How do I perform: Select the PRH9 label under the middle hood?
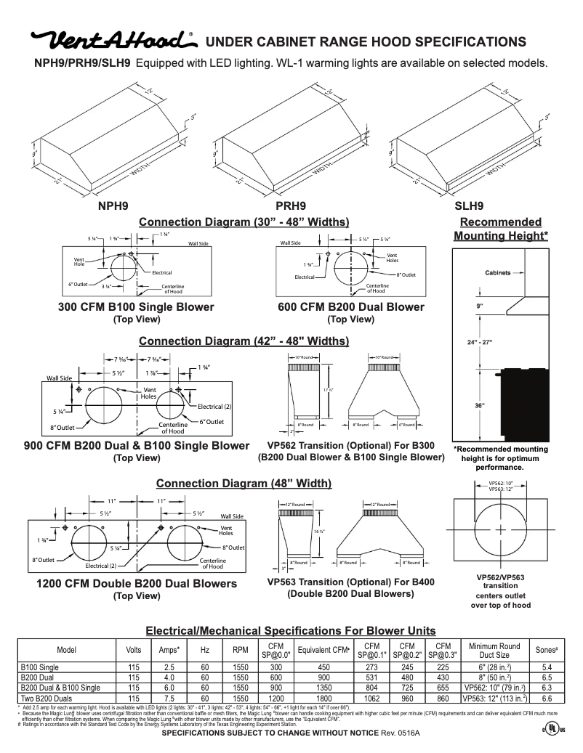pyautogui.click(x=291, y=205)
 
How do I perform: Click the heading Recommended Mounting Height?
pyautogui.click(x=501, y=229)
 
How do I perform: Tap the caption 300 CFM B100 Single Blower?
pyautogui.click(x=136, y=307)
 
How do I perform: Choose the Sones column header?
pyautogui.click(x=546, y=650)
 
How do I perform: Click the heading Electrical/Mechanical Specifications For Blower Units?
pyautogui.click(x=291, y=630)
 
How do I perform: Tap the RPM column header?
pyautogui.click(x=241, y=650)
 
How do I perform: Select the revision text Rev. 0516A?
pyautogui.click(x=401, y=734)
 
